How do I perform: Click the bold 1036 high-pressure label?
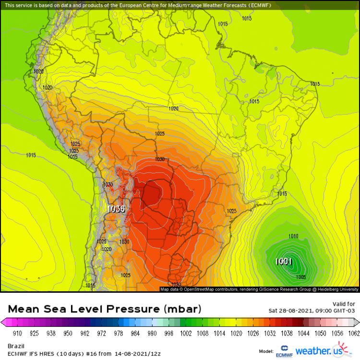116,209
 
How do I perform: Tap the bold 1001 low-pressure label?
283,261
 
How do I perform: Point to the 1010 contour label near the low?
293,236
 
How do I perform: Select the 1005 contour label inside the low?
301,277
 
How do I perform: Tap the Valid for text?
344,303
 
